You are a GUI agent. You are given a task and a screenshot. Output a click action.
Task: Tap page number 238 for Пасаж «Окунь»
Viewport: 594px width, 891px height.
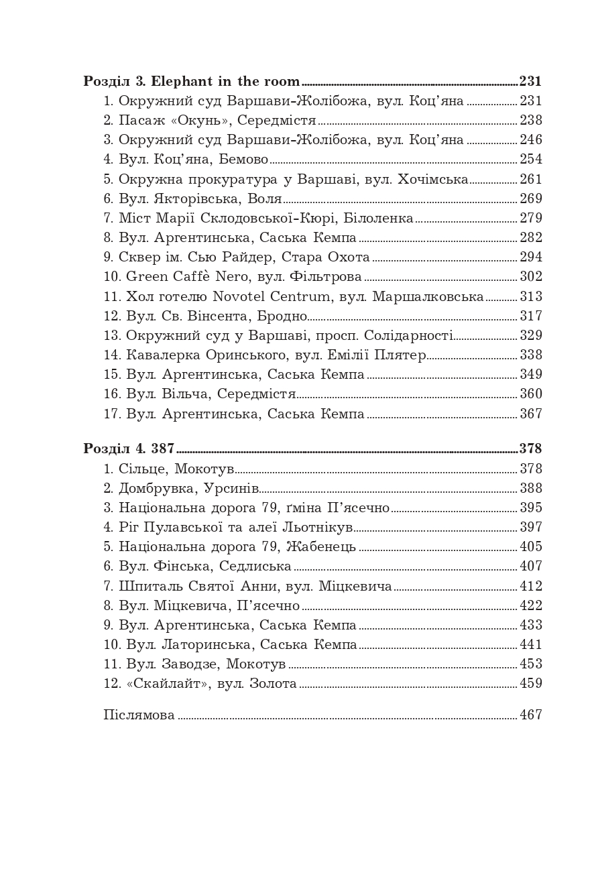[x=530, y=121]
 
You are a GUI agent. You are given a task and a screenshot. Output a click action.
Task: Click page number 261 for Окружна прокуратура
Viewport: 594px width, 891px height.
[x=530, y=180]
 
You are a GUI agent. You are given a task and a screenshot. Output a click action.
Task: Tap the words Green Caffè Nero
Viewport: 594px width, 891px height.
[x=177, y=277]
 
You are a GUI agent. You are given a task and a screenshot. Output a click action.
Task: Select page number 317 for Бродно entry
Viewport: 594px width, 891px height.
[x=530, y=316]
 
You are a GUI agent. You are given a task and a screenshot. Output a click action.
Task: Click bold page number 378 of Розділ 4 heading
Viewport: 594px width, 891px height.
[x=530, y=449]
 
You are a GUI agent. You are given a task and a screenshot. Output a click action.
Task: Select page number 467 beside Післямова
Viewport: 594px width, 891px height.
[x=530, y=715]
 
